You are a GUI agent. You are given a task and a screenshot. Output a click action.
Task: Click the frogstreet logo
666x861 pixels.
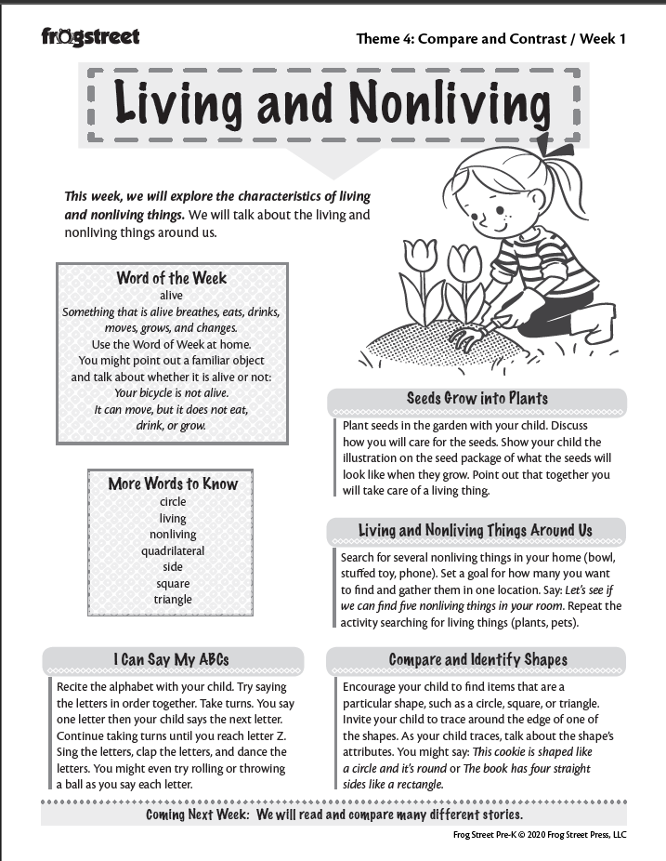coord(90,37)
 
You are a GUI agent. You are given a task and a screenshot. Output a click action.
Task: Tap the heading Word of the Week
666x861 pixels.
coord(172,278)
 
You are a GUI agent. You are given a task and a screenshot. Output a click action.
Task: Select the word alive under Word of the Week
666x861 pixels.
coord(172,296)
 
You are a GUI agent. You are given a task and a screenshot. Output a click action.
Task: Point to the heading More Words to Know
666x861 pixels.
coord(173,483)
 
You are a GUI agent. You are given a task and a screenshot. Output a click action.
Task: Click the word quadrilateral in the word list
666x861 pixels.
coord(173,550)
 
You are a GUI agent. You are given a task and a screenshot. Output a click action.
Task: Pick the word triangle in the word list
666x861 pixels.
coord(173,600)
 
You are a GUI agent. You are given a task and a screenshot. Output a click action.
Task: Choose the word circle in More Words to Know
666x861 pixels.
coord(173,502)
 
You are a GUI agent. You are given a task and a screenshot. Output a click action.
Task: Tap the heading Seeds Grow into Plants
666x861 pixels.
coord(477,399)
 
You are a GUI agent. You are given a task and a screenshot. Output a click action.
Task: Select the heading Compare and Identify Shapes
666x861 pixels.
coord(477,660)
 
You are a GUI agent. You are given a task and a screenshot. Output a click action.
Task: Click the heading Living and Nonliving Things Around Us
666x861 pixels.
coord(476,531)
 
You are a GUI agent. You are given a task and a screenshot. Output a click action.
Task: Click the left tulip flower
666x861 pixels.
coord(420,254)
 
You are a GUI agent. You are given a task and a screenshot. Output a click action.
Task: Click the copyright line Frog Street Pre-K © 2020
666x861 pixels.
coord(539,835)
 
